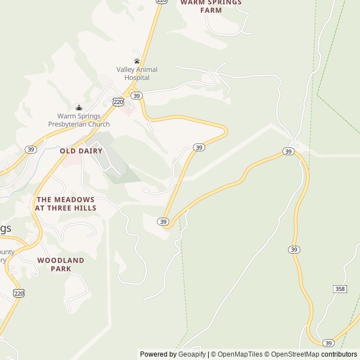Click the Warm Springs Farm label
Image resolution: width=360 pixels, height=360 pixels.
[210, 6]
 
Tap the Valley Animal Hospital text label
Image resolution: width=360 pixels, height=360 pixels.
[137, 74]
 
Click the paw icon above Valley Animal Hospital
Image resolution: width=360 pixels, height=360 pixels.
[137, 61]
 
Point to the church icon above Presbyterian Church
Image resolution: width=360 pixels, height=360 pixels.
[79, 107]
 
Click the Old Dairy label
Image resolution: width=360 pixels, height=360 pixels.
[81, 151]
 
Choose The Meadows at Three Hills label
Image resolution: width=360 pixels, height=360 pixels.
[65, 204]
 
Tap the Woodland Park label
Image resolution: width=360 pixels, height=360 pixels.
[61, 264]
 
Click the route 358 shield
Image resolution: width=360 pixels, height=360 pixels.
[340, 289]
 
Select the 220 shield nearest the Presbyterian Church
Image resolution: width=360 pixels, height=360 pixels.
[118, 102]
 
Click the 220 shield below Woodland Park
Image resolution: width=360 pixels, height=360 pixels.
[19, 293]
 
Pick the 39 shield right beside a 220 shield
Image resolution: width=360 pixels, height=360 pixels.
[137, 96]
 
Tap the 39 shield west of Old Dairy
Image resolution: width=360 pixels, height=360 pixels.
[30, 149]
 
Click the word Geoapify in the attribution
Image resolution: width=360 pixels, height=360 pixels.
[192, 354]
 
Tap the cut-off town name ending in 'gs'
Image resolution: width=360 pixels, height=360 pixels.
[5, 228]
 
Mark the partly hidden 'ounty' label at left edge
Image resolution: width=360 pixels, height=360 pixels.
[7, 252]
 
